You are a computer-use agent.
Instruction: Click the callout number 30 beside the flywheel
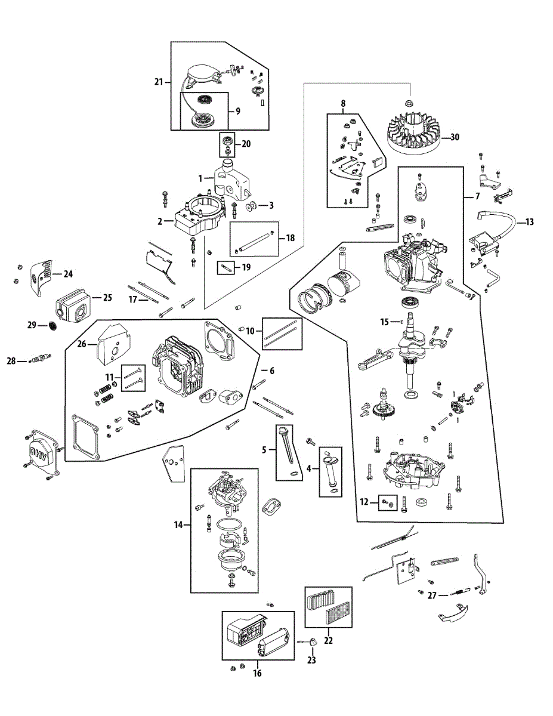click(455, 137)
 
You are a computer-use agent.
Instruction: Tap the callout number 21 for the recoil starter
click(158, 82)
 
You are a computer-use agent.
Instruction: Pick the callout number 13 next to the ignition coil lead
click(530, 222)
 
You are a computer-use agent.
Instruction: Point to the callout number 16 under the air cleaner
click(257, 673)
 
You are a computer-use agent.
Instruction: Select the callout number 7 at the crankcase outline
click(477, 196)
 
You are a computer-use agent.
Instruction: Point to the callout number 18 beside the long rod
click(290, 238)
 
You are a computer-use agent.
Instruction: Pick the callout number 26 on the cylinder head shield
click(82, 343)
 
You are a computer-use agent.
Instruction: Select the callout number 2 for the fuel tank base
click(160, 221)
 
